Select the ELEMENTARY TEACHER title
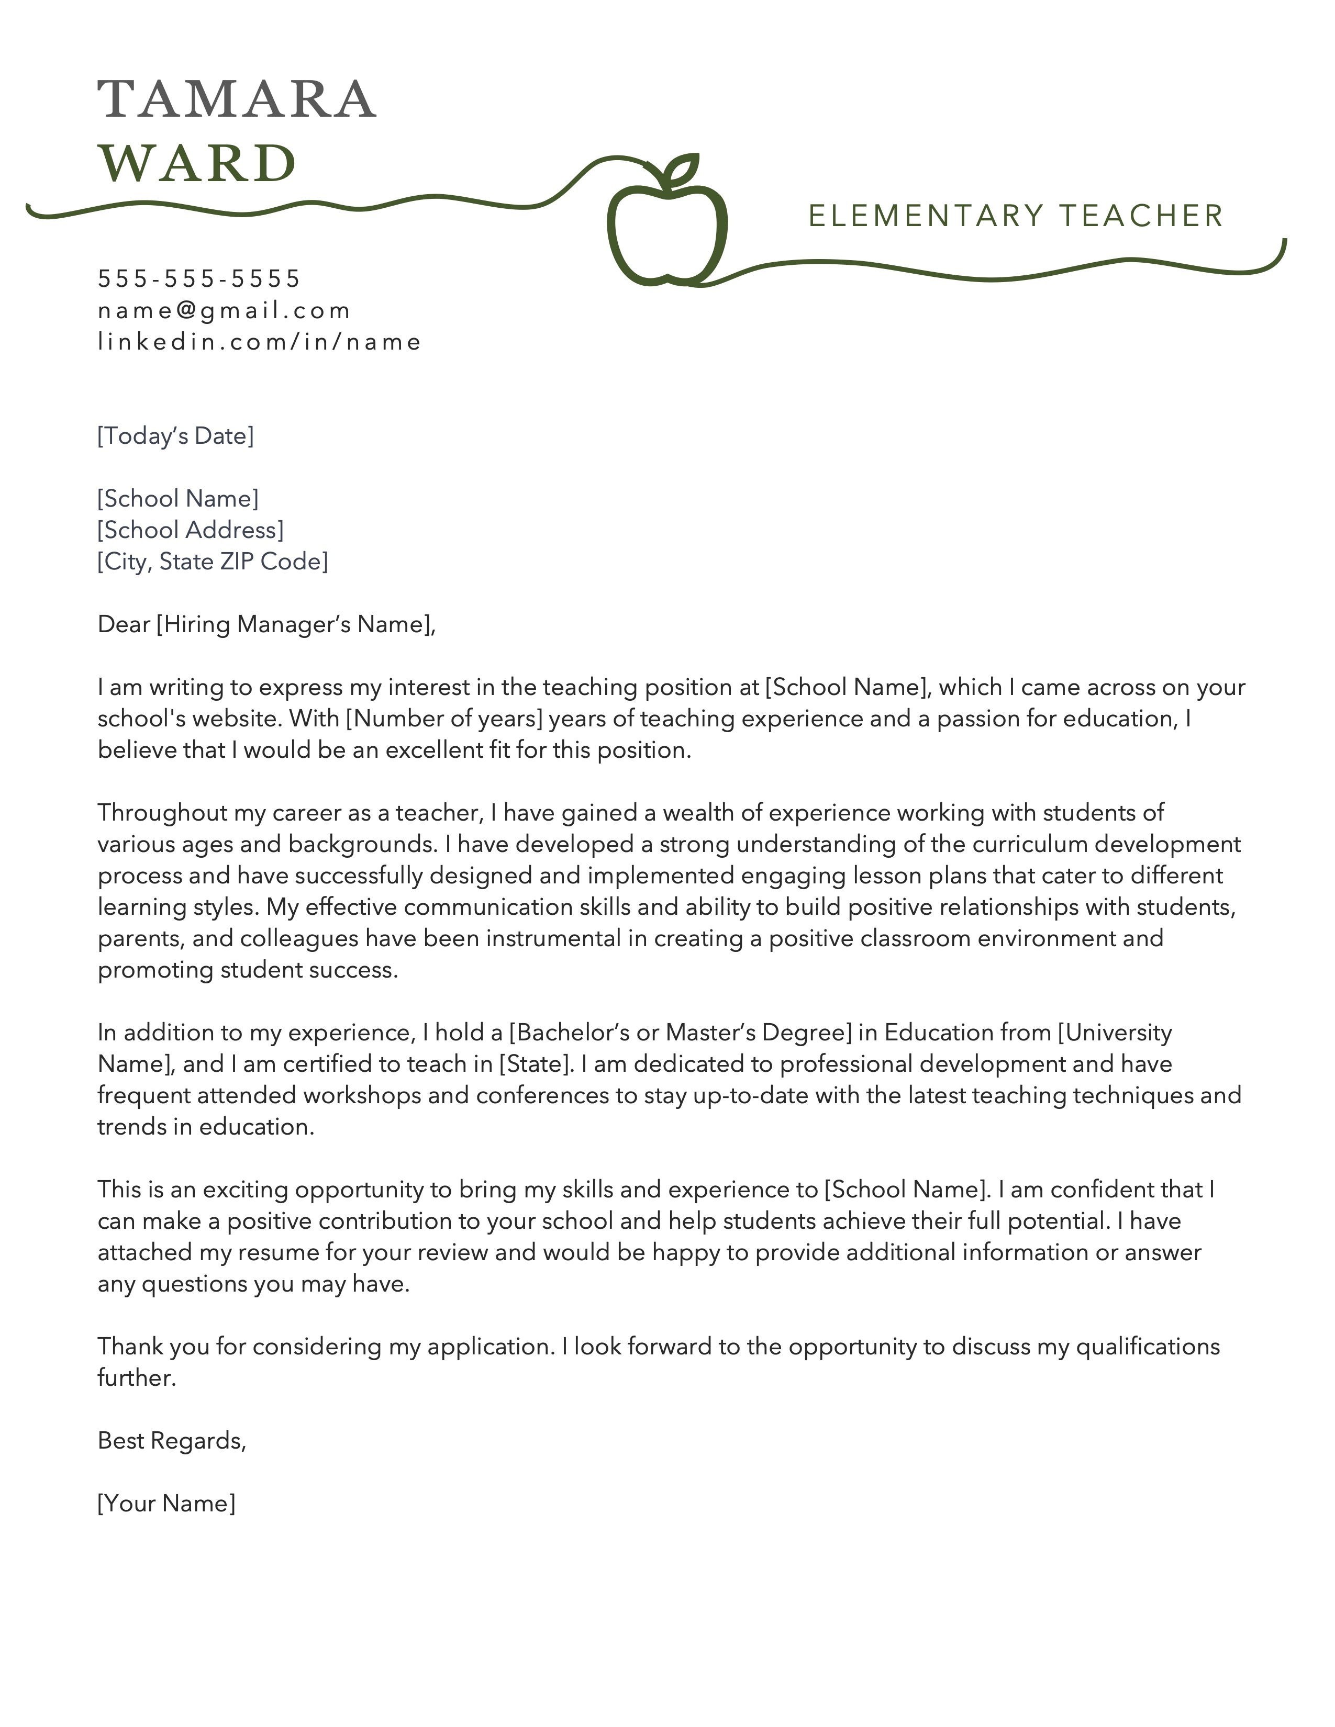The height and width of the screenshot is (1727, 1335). [1016, 216]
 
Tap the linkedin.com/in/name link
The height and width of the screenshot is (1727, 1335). [259, 342]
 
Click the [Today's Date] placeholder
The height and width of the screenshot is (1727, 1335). [175, 436]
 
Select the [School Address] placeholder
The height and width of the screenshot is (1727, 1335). [191, 530]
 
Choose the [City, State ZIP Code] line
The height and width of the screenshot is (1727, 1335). [213, 562]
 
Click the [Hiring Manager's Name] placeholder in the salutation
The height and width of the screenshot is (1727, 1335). [293, 625]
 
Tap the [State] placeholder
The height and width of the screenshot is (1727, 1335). [535, 1064]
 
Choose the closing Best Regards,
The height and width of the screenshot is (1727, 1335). [172, 1441]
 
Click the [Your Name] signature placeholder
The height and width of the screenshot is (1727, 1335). [166, 1503]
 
